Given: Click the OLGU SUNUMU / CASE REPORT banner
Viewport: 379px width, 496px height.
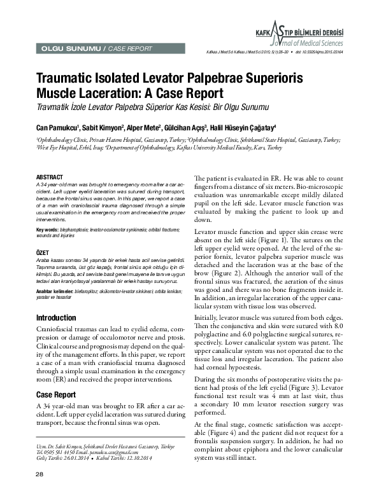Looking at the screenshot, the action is pos(96,48).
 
